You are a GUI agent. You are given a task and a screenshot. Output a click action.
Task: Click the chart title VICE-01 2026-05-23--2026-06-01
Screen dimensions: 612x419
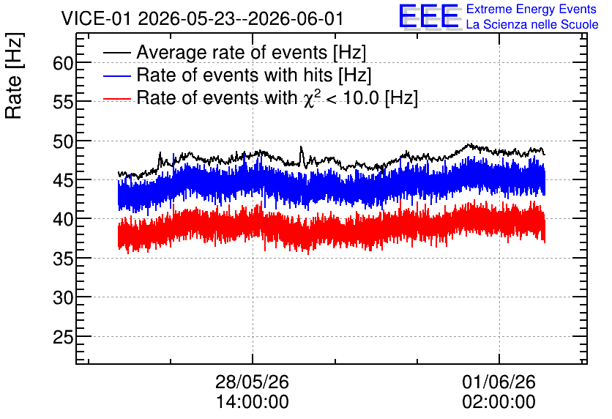pyautogui.click(x=202, y=19)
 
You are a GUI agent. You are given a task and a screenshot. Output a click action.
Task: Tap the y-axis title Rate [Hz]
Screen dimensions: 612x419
pyautogui.click(x=14, y=75)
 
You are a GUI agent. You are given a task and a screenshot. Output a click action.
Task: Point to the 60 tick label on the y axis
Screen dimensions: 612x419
pyautogui.click(x=63, y=63)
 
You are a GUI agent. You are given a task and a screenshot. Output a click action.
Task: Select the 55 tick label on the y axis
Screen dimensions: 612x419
pyautogui.click(x=63, y=102)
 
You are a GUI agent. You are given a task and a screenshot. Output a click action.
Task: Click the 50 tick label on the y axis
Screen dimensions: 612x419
pyautogui.click(x=63, y=141)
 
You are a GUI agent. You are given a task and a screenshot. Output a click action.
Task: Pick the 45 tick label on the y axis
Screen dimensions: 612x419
pyautogui.click(x=63, y=180)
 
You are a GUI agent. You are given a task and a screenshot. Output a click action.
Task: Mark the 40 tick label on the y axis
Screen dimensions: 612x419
pyautogui.click(x=63, y=220)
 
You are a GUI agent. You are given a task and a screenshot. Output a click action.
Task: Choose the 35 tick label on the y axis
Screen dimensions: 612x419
pyautogui.click(x=63, y=259)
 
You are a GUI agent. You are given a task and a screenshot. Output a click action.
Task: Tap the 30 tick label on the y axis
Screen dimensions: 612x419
pyautogui.click(x=63, y=297)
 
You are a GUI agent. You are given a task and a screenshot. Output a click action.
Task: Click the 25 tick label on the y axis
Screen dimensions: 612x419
pyautogui.click(x=63, y=337)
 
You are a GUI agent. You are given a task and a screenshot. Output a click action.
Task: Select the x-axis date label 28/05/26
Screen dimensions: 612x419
pyautogui.click(x=252, y=382)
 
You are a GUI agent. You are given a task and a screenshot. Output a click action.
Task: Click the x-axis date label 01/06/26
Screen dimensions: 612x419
pyautogui.click(x=499, y=382)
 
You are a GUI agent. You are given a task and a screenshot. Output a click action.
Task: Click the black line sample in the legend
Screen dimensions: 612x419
pyautogui.click(x=116, y=53)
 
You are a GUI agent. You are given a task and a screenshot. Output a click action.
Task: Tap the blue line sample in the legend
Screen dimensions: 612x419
pyautogui.click(x=116, y=75)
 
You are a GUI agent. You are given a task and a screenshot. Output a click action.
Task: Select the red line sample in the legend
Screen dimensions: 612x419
pyautogui.click(x=116, y=99)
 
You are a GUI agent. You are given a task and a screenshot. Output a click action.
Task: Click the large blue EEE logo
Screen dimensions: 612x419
pyautogui.click(x=429, y=16)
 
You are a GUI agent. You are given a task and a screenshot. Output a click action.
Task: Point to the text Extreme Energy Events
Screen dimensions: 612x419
pyautogui.click(x=531, y=10)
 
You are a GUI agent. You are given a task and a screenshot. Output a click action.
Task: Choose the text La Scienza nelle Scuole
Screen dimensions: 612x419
pyautogui.click(x=532, y=25)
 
